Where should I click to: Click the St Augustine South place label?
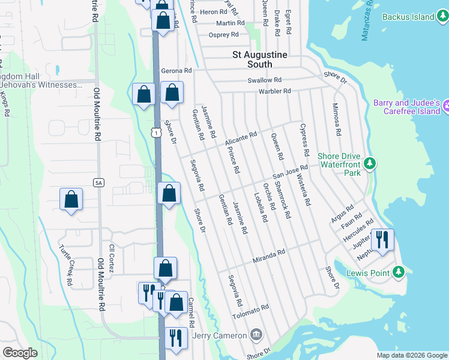260,55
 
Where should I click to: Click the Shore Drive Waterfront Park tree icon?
370,163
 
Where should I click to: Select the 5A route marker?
99,182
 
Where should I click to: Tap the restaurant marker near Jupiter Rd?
382,239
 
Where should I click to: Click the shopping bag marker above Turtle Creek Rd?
71,199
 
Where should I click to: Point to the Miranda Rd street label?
268,255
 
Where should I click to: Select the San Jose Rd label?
291,172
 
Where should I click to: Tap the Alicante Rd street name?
241,139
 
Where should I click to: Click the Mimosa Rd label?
337,119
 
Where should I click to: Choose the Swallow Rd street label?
265,80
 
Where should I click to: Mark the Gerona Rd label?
176,70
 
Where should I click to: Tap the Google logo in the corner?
20,352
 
